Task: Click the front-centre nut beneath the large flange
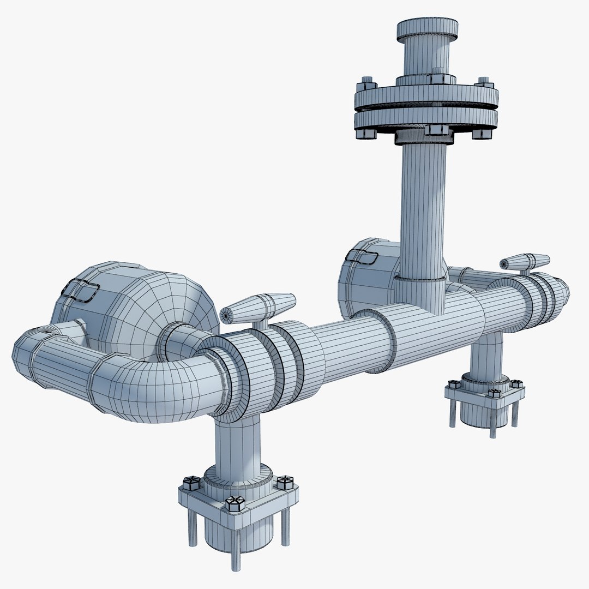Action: click(435, 130)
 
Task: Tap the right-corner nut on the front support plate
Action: click(285, 482)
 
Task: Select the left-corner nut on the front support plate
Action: click(191, 483)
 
